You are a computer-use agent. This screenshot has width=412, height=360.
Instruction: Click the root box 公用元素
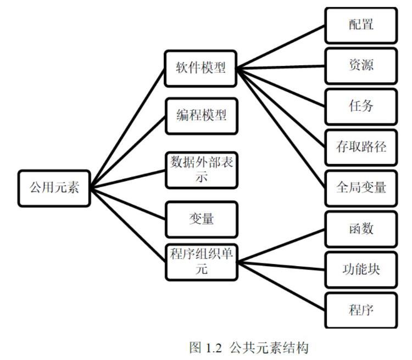pos(54,188)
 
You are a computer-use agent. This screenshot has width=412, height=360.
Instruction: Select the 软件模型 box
pos(201,69)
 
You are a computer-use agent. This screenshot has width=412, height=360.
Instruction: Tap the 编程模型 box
pos(201,116)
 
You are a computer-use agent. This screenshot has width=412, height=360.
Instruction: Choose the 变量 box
pos(201,219)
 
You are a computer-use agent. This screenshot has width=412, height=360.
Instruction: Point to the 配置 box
pos(360,25)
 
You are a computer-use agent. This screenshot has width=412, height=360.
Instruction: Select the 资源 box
pos(360,65)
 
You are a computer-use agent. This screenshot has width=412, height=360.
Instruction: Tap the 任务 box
pos(360,106)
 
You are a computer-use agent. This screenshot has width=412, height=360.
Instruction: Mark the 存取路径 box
pos(360,147)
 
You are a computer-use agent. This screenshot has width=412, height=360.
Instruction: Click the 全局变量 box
pos(360,188)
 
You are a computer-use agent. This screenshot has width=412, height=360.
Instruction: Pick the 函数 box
pos(360,228)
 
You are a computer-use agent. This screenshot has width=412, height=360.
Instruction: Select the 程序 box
pos(360,310)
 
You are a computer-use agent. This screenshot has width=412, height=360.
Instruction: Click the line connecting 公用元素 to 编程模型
pos(128,151)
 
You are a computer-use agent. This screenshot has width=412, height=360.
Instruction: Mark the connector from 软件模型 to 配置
pos(281,46)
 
